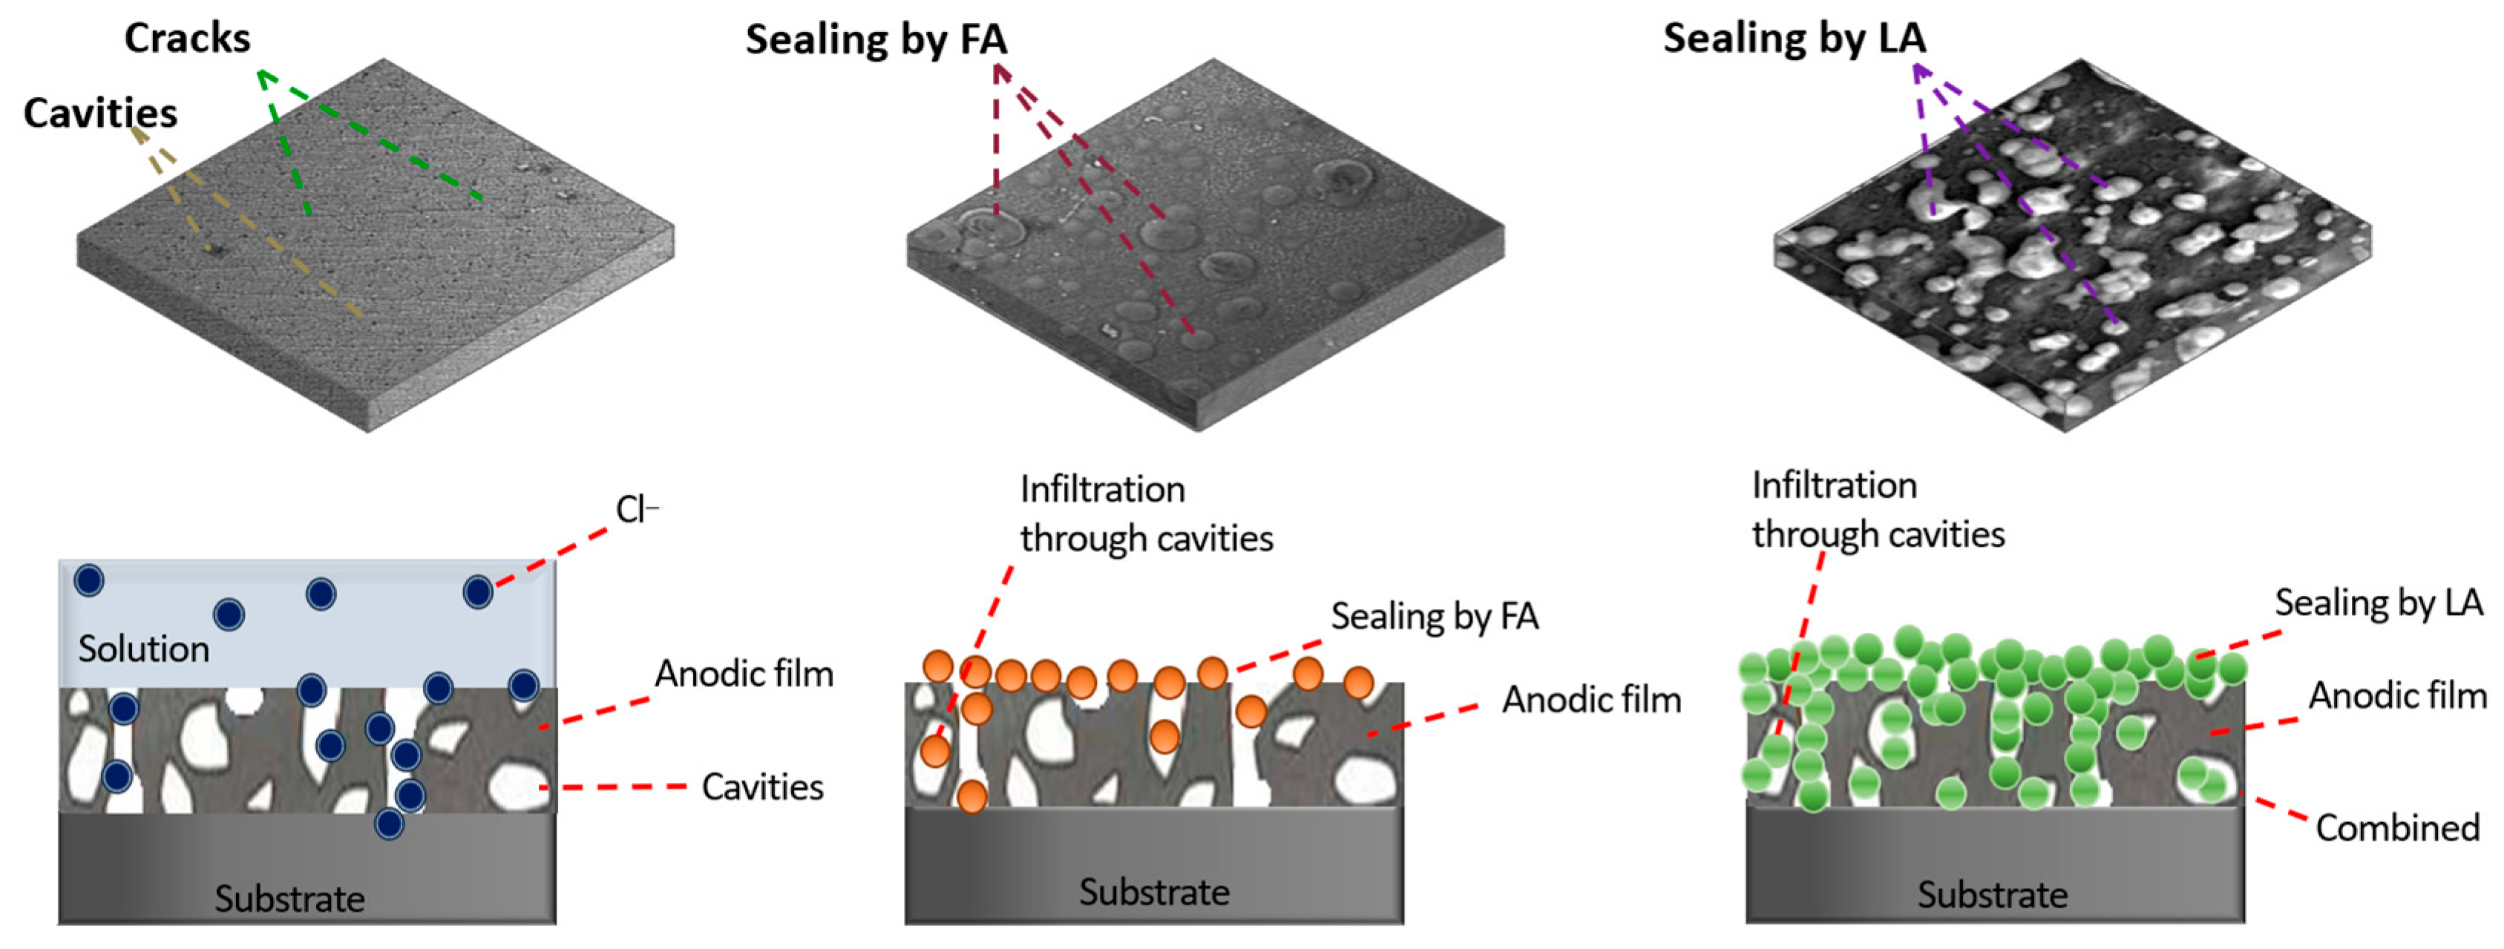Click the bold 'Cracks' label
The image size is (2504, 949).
coord(186,39)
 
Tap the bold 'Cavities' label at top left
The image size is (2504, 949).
coord(100,114)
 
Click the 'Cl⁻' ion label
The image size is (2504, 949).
coord(637,510)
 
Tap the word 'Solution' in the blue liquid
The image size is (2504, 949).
coord(144,649)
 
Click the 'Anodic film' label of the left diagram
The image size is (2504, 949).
coord(744,674)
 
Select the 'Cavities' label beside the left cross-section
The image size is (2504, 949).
coord(762,787)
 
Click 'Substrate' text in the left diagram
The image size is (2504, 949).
coord(289,899)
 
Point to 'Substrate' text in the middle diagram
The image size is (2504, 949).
coord(1154,893)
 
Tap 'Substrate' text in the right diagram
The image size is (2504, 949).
coord(1993,896)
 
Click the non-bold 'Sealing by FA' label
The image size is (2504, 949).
coord(1435,617)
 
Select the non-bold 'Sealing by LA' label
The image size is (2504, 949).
coord(2378,602)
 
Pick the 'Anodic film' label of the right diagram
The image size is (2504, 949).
coord(2397,696)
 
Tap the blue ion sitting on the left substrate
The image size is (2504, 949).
coord(389,824)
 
